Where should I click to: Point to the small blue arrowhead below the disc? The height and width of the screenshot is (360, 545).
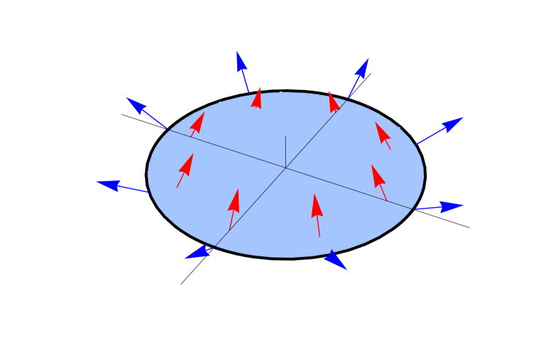click(335, 260)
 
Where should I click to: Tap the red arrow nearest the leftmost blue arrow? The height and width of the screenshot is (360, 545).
click(185, 169)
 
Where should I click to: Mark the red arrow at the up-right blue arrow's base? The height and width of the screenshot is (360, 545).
click(333, 102)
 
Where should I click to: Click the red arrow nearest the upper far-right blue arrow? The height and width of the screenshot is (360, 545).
click(383, 135)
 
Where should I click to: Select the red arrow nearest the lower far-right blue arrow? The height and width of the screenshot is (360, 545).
click(379, 181)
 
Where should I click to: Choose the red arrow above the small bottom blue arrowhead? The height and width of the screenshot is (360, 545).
click(317, 214)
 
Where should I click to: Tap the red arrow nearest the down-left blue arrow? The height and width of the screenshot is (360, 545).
click(233, 209)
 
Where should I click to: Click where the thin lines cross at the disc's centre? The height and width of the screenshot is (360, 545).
click(285, 168)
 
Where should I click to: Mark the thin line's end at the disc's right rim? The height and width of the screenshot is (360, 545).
click(412, 209)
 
